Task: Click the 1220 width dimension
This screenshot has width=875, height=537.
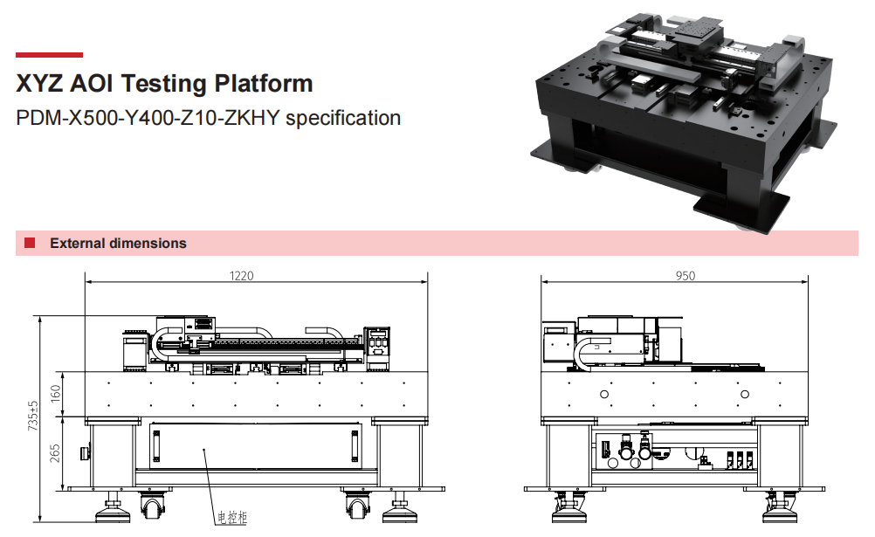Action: coord(241,275)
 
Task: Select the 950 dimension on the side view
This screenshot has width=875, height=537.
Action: coord(686,275)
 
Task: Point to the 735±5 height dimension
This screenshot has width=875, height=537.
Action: coord(33,417)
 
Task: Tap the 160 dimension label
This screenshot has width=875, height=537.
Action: coord(56,395)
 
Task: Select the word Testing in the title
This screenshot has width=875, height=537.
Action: coord(161,84)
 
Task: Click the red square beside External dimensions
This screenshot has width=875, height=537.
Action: coord(30,243)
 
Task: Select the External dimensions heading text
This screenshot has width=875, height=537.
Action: coord(118,244)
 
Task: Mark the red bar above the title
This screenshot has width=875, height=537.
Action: coord(50,54)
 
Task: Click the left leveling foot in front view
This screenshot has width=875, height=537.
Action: coord(113,504)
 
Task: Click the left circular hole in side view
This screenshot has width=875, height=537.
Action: coord(603,395)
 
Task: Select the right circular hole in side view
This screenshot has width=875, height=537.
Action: coord(746,395)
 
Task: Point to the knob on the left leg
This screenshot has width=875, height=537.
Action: coord(84,452)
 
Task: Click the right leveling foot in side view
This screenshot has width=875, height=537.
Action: coord(781,504)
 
